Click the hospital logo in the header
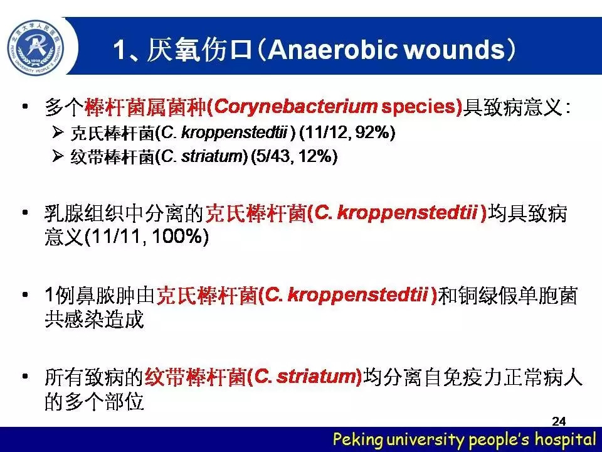[x=36, y=48]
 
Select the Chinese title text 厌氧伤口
[x=199, y=50]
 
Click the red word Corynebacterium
[x=295, y=107]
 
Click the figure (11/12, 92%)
[x=347, y=132]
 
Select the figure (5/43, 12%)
[x=294, y=156]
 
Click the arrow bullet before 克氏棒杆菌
[x=58, y=132]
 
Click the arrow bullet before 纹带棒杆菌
[x=58, y=156]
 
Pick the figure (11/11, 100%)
[x=146, y=237]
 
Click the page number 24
[x=559, y=421]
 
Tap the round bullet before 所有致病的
[x=25, y=376]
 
